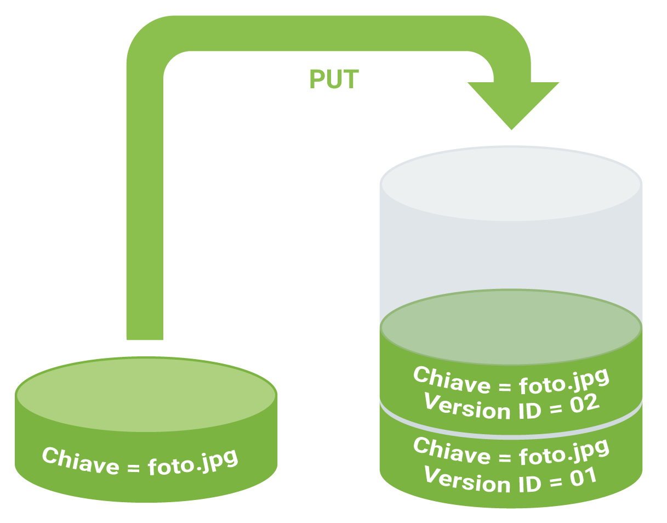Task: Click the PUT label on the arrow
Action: [334, 79]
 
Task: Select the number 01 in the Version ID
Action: [582, 475]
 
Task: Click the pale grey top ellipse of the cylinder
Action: [511, 184]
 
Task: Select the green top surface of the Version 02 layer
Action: [511, 327]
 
